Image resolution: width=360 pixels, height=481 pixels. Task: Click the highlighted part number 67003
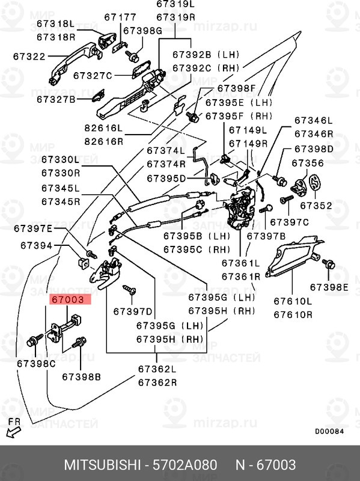tap(68, 299)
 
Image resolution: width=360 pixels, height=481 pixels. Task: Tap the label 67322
tap(29, 57)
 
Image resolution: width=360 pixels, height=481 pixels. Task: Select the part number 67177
tap(120, 17)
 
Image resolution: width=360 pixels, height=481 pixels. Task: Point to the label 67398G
tap(142, 31)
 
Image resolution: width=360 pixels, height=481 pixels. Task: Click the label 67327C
tap(93, 76)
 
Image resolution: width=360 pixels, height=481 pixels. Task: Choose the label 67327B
tap(56, 99)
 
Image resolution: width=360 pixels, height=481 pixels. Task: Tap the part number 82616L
tap(103, 128)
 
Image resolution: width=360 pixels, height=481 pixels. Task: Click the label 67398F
tap(236, 88)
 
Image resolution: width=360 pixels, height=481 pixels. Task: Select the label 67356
tap(308, 163)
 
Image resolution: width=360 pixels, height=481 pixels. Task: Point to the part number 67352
tap(316, 206)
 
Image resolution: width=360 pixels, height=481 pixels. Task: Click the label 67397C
tap(289, 222)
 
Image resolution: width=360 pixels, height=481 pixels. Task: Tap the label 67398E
tap(329, 287)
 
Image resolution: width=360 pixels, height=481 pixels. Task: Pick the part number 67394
tap(37, 246)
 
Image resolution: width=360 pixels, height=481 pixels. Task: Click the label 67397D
tap(132, 311)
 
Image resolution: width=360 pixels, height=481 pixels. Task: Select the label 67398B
tap(81, 377)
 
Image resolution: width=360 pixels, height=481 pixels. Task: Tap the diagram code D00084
tap(329, 431)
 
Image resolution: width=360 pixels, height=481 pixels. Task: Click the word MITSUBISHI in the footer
tap(102, 465)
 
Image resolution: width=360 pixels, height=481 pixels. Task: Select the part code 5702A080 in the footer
tap(185, 465)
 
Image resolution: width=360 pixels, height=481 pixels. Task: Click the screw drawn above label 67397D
tap(129, 289)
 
